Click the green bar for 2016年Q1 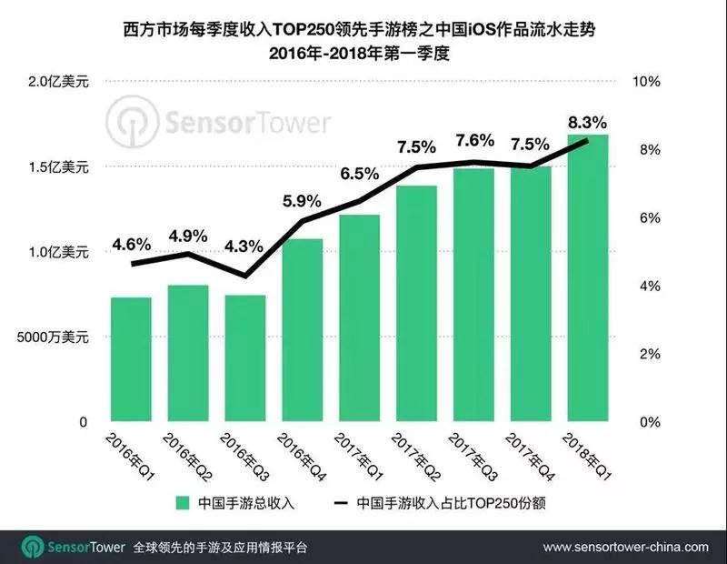(130, 359)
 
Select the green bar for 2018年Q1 (587, 278)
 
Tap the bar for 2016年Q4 (302, 330)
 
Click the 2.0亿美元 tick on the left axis (56, 82)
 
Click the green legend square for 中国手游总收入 (183, 501)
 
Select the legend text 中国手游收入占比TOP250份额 (447, 501)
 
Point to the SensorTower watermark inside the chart (218, 121)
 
